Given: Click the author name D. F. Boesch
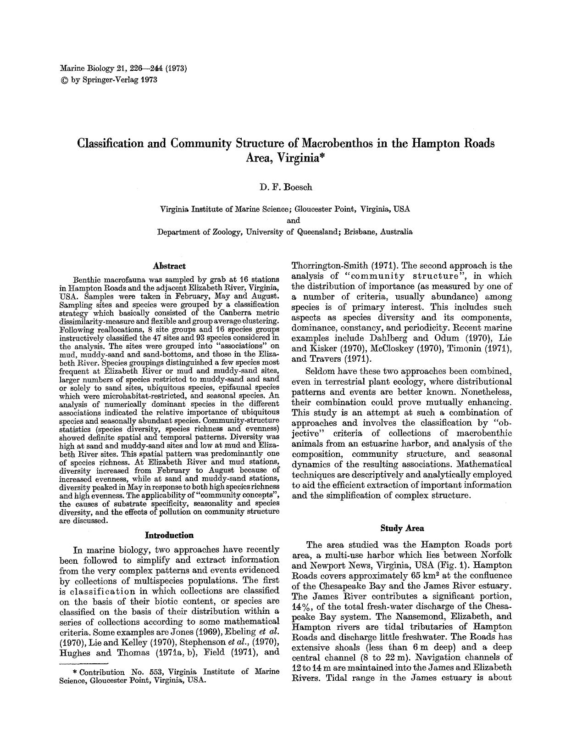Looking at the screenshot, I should (x=285, y=187).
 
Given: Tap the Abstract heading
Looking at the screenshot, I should (x=169, y=266).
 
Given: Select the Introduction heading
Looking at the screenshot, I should (x=169, y=535).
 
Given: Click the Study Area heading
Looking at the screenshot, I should (x=402, y=528).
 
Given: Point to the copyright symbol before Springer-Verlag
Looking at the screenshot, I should (x=63, y=80).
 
